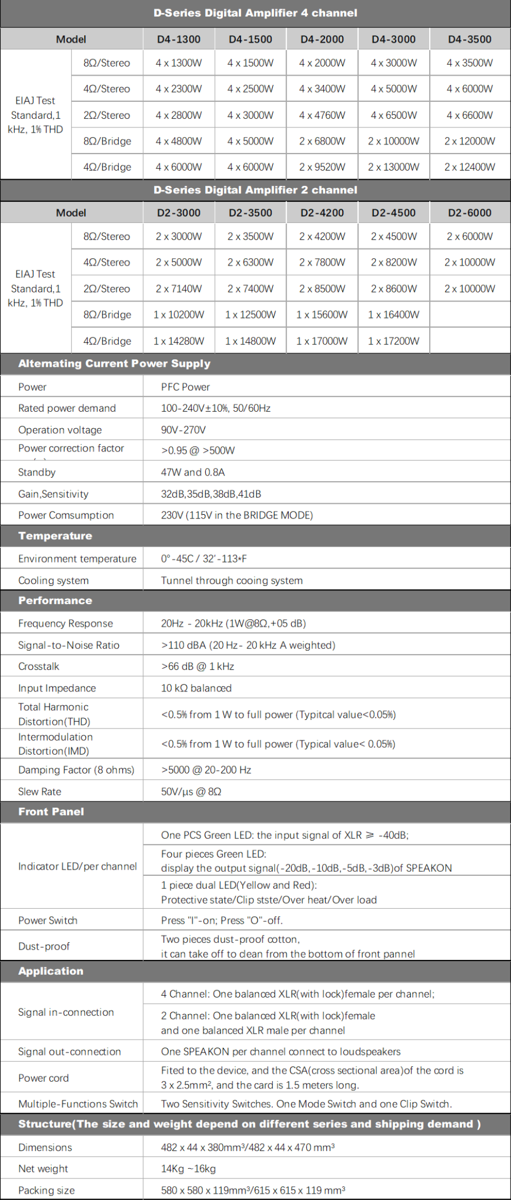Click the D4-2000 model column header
[x=322, y=39]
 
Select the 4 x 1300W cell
[x=178, y=63]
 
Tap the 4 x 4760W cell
[x=322, y=115]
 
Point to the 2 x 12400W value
[x=470, y=167]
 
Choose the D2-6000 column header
[x=470, y=213]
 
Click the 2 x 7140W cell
[x=178, y=289]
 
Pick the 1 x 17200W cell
[x=393, y=341]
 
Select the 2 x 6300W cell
[x=250, y=263]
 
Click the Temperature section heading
[x=55, y=536]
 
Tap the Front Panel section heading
[x=51, y=812]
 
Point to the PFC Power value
[x=185, y=387]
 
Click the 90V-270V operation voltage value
[x=183, y=430]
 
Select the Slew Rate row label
[x=40, y=792]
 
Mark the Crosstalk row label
[x=39, y=667]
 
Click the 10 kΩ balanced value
[x=196, y=688]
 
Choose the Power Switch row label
[x=48, y=920]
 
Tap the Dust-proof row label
[x=44, y=946]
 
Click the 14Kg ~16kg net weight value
[x=188, y=1169]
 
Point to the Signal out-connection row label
[x=69, y=1052]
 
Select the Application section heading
[x=51, y=971]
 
